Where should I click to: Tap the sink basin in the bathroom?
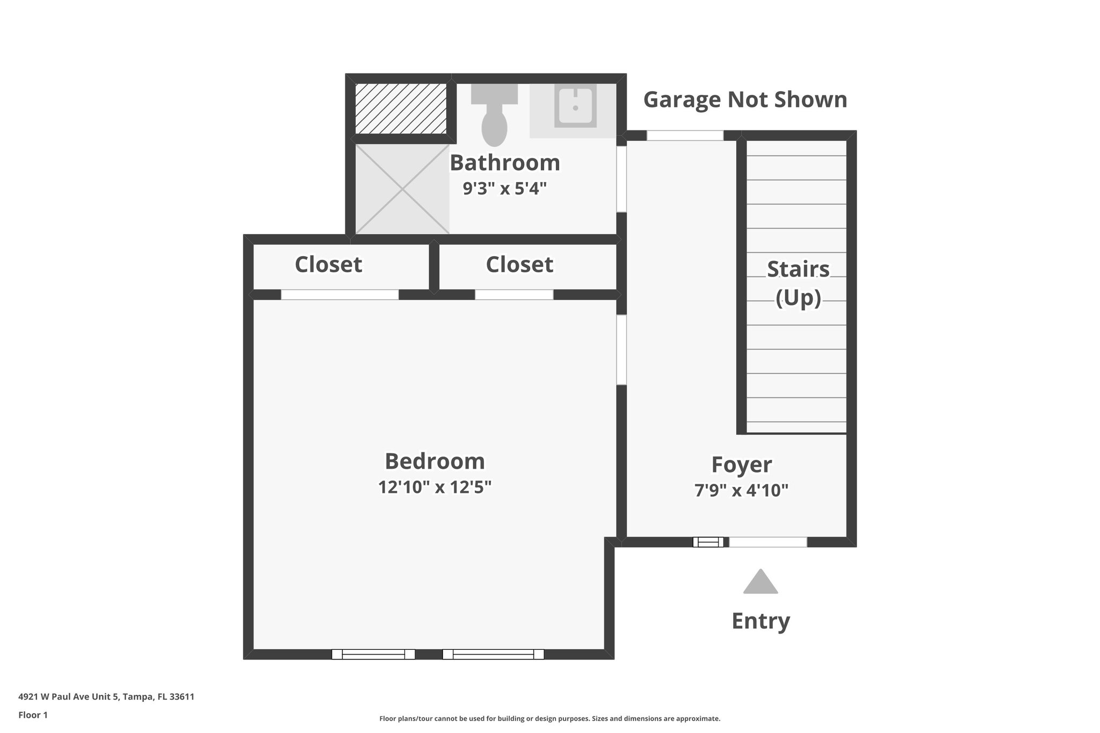[x=575, y=107]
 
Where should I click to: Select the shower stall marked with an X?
[x=402, y=188]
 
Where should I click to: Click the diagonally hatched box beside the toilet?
[x=401, y=109]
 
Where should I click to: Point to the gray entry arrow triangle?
[x=760, y=583]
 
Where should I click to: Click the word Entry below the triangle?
[x=761, y=621]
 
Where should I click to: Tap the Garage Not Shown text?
[x=745, y=100]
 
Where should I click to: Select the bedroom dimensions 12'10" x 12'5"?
[x=435, y=488]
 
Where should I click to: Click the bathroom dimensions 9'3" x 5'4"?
[x=504, y=188]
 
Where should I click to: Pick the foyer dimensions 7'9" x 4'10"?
[x=741, y=490]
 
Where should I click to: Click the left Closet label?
[x=328, y=265]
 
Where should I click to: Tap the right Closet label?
[x=519, y=265]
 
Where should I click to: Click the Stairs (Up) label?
[x=798, y=283]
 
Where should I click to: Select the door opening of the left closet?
[x=339, y=295]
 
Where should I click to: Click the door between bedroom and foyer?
[x=621, y=350]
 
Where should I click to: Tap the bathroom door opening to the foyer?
[x=621, y=179]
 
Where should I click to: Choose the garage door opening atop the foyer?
[x=685, y=135]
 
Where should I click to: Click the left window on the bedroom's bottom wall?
[x=373, y=654]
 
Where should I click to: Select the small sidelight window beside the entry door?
[x=708, y=542]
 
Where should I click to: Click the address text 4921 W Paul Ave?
[x=106, y=697]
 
